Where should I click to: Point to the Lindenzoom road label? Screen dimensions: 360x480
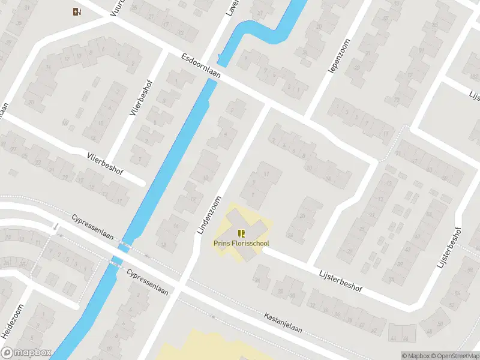click(209, 214)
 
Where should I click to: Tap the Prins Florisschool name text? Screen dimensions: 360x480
click(241, 244)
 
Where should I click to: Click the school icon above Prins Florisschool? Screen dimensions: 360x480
click(241, 233)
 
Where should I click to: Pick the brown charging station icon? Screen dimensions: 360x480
click(77, 11)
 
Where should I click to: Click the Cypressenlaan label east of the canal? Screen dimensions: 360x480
click(148, 281)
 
